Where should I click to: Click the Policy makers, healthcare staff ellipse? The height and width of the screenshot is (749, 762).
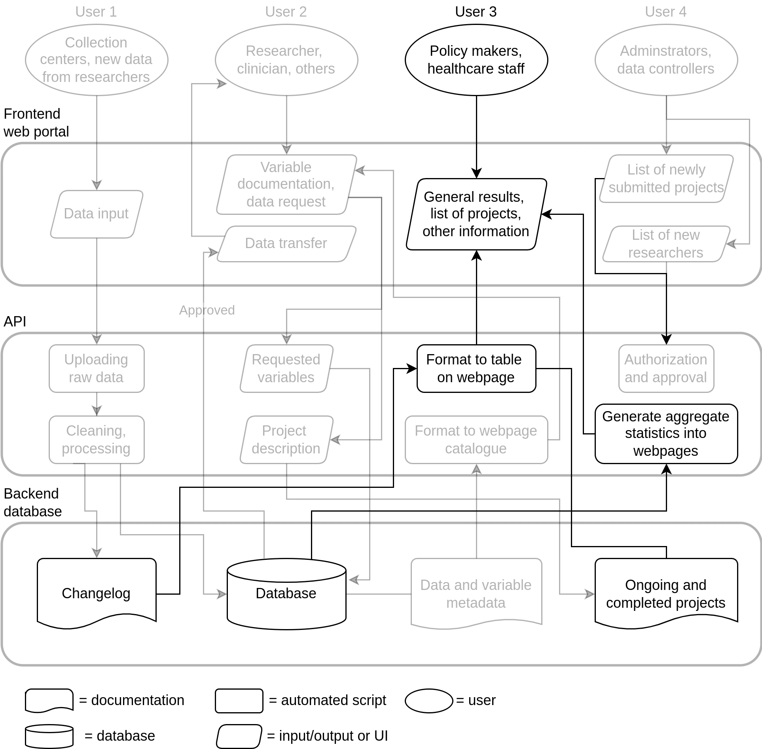[x=476, y=60]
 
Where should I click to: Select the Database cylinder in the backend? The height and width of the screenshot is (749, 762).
[x=286, y=594]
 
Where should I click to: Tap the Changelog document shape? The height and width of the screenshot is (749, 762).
[x=97, y=593]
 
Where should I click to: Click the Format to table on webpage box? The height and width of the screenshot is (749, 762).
[x=476, y=368]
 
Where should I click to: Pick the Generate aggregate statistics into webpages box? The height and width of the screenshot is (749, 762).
[x=666, y=434]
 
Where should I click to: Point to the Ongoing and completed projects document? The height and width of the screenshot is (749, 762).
[x=666, y=593]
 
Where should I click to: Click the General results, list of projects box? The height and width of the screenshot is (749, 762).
[x=476, y=214]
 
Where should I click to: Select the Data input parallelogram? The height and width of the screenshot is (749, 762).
[x=97, y=214]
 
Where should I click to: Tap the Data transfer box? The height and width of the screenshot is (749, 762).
[x=286, y=244]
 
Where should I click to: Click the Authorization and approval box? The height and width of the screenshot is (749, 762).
[x=666, y=368]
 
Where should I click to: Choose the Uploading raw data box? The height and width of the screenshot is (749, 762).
[x=97, y=368]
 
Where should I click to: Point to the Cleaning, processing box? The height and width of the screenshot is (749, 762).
[x=97, y=440]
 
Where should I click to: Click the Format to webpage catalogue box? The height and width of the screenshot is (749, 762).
[x=476, y=440]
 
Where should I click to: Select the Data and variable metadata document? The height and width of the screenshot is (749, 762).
[x=476, y=593]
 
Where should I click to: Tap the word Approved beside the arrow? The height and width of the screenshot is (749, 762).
[x=207, y=310]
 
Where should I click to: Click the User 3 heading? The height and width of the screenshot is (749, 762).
[x=476, y=11]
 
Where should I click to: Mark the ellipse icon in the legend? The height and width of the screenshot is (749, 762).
[x=429, y=701]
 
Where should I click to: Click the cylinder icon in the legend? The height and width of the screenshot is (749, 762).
[x=49, y=736]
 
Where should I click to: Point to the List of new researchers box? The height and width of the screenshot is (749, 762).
[x=666, y=244]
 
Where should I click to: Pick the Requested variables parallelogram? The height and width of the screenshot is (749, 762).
[x=286, y=368]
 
